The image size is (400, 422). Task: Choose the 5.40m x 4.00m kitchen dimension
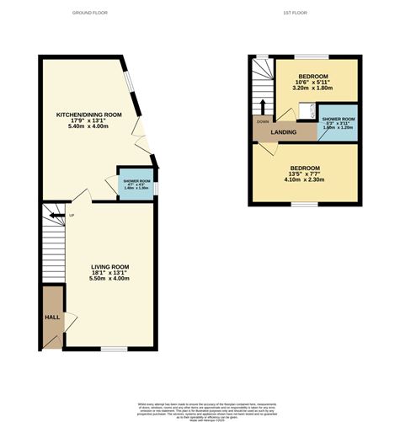(88, 127)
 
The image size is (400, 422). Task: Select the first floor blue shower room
(338, 123)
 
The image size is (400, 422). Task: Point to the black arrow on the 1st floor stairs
(262, 105)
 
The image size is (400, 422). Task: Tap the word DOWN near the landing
(262, 120)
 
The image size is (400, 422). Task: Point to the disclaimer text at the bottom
(200, 409)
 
